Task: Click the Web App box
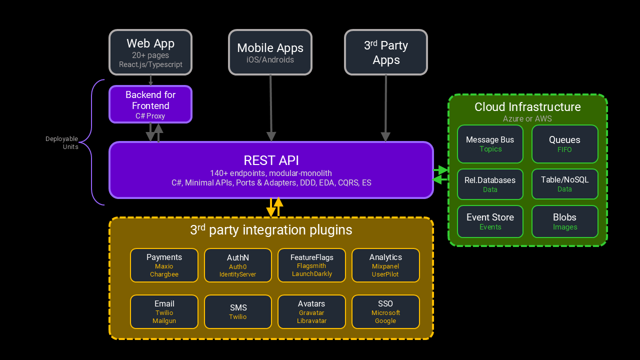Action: pyautogui.click(x=150, y=52)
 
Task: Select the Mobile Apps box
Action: pyautogui.click(x=270, y=52)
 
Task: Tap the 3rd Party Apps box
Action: pyautogui.click(x=386, y=52)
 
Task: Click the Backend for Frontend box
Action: pyautogui.click(x=150, y=104)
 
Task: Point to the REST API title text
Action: pyautogui.click(x=271, y=160)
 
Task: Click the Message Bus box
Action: pyautogui.click(x=490, y=144)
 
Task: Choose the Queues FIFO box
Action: pyautogui.click(x=564, y=144)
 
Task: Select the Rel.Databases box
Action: pyautogui.click(x=490, y=184)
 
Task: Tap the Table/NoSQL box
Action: pyautogui.click(x=564, y=184)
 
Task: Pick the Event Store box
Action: pyautogui.click(x=490, y=221)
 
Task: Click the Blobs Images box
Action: pyautogui.click(x=564, y=221)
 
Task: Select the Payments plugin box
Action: pyautogui.click(x=164, y=265)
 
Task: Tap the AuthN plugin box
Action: pyautogui.click(x=238, y=265)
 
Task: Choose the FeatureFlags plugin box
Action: pyautogui.click(x=311, y=265)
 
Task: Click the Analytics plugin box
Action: pyautogui.click(x=385, y=265)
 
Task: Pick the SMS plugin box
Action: pyautogui.click(x=238, y=311)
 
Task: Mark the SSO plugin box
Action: pyautogui.click(x=385, y=311)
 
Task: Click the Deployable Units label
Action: pyautogui.click(x=62, y=143)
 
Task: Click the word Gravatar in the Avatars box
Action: pyautogui.click(x=311, y=313)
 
